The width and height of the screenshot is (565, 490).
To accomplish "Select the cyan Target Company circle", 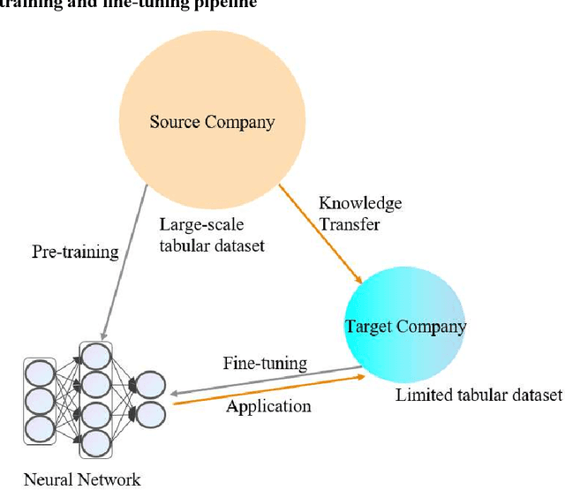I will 405,327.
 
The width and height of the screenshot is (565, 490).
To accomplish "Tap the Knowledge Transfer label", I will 359,214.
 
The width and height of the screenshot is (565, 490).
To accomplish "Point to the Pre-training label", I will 75,253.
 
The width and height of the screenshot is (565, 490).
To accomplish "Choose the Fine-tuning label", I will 265,362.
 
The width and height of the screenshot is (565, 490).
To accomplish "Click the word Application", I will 268,406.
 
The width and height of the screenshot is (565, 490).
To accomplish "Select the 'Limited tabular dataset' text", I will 478,394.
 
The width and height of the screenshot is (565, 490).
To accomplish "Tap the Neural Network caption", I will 81,479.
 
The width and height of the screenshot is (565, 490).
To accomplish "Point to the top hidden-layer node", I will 96,355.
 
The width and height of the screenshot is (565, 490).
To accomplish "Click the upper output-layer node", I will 149,384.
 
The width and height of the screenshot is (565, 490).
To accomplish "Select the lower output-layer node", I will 149,413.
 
